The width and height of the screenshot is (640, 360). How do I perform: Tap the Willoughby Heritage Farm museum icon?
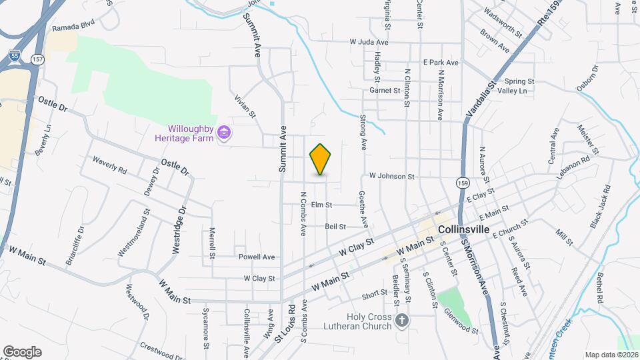click(225, 134)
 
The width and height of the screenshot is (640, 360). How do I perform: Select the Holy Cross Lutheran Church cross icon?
click(401, 321)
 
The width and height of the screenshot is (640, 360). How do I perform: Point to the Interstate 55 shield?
click(15, 56)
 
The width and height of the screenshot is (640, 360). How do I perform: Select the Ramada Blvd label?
click(74, 27)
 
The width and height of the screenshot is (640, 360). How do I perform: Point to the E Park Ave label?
click(441, 62)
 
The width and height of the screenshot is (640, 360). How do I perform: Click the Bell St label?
click(335, 227)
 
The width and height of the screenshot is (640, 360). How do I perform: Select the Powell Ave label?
click(257, 257)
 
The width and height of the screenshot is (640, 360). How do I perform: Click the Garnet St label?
click(384, 90)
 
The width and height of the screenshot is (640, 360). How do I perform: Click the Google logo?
click(22, 352)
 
